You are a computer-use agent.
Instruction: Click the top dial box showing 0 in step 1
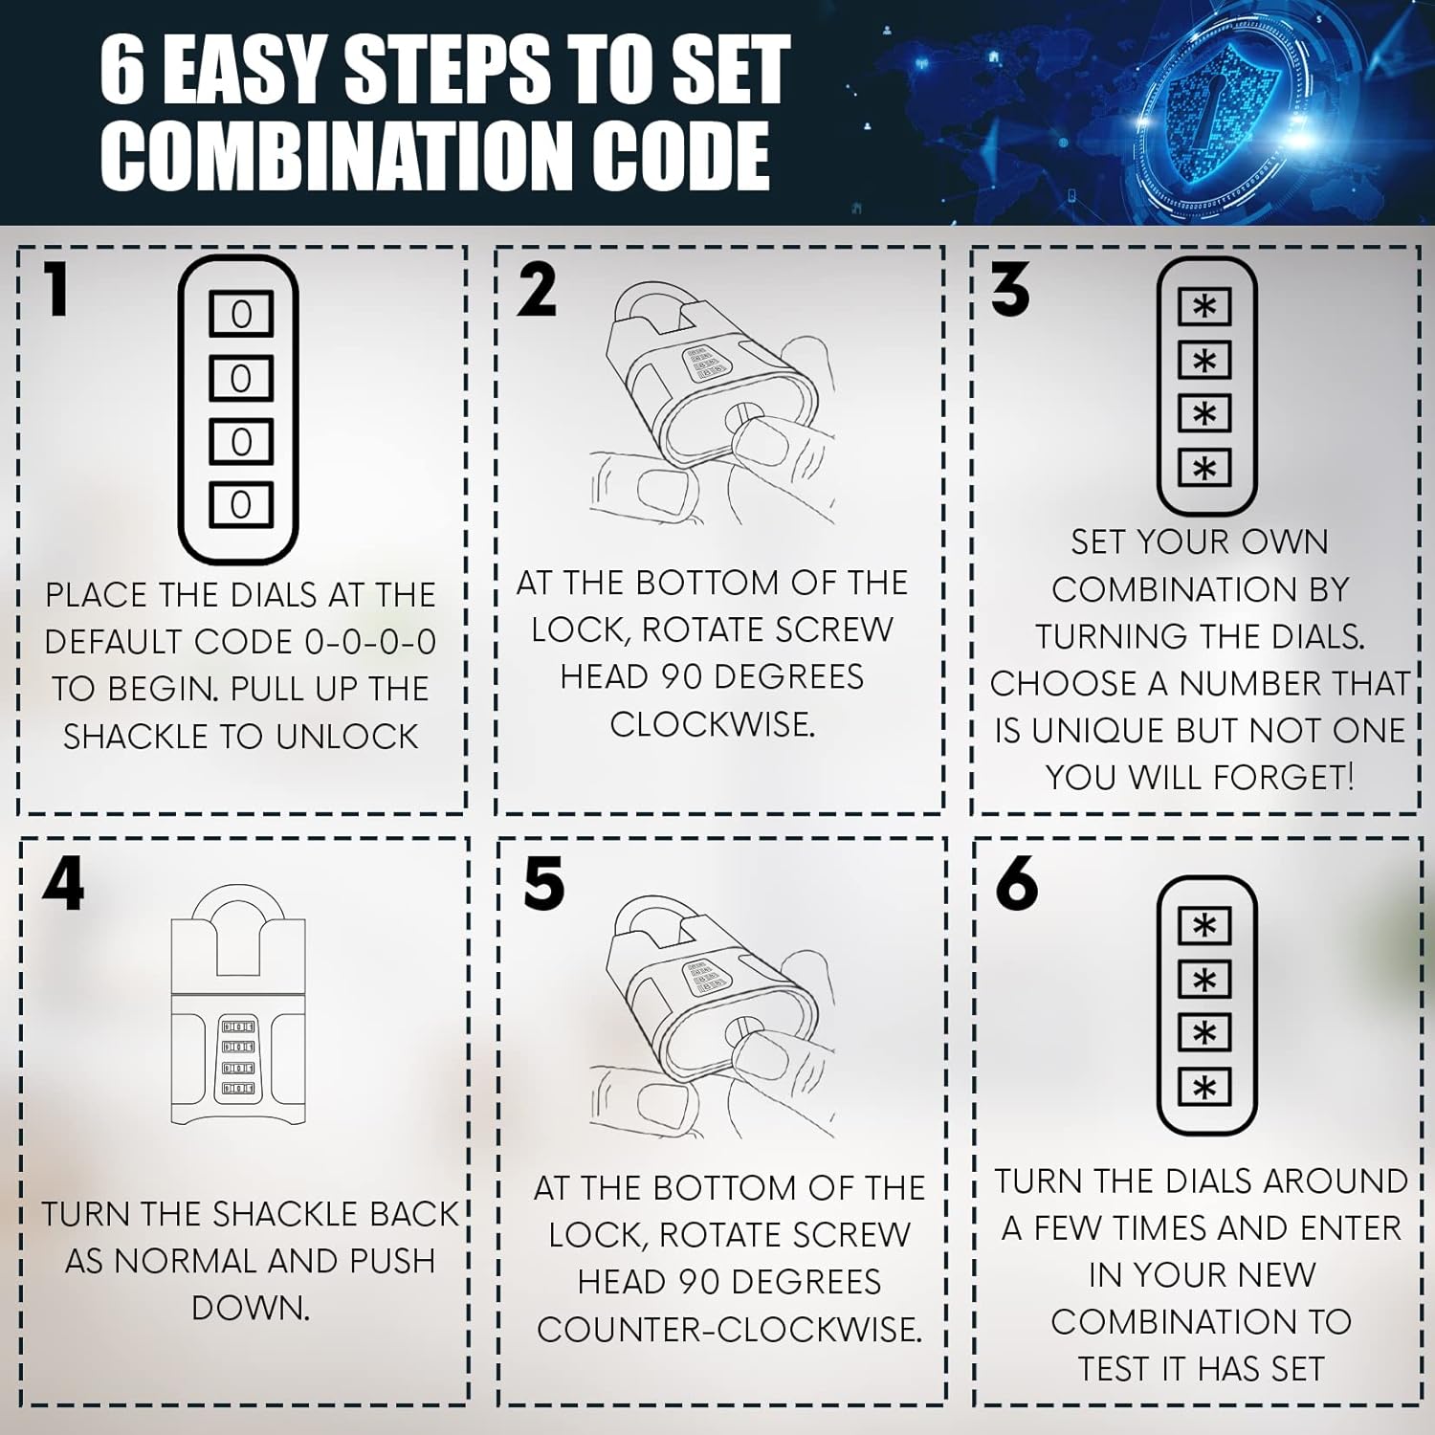[241, 314]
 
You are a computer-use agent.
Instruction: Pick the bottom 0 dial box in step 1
[241, 503]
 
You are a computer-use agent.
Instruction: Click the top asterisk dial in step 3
[1204, 307]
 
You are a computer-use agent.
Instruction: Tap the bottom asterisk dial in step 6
[1204, 1088]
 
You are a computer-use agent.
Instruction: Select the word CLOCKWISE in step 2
[712, 724]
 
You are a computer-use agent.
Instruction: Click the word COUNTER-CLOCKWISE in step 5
[729, 1329]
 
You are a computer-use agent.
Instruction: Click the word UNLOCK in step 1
[347, 736]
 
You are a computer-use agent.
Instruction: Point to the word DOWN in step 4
[251, 1308]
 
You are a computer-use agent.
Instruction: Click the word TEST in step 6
[1115, 1369]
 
